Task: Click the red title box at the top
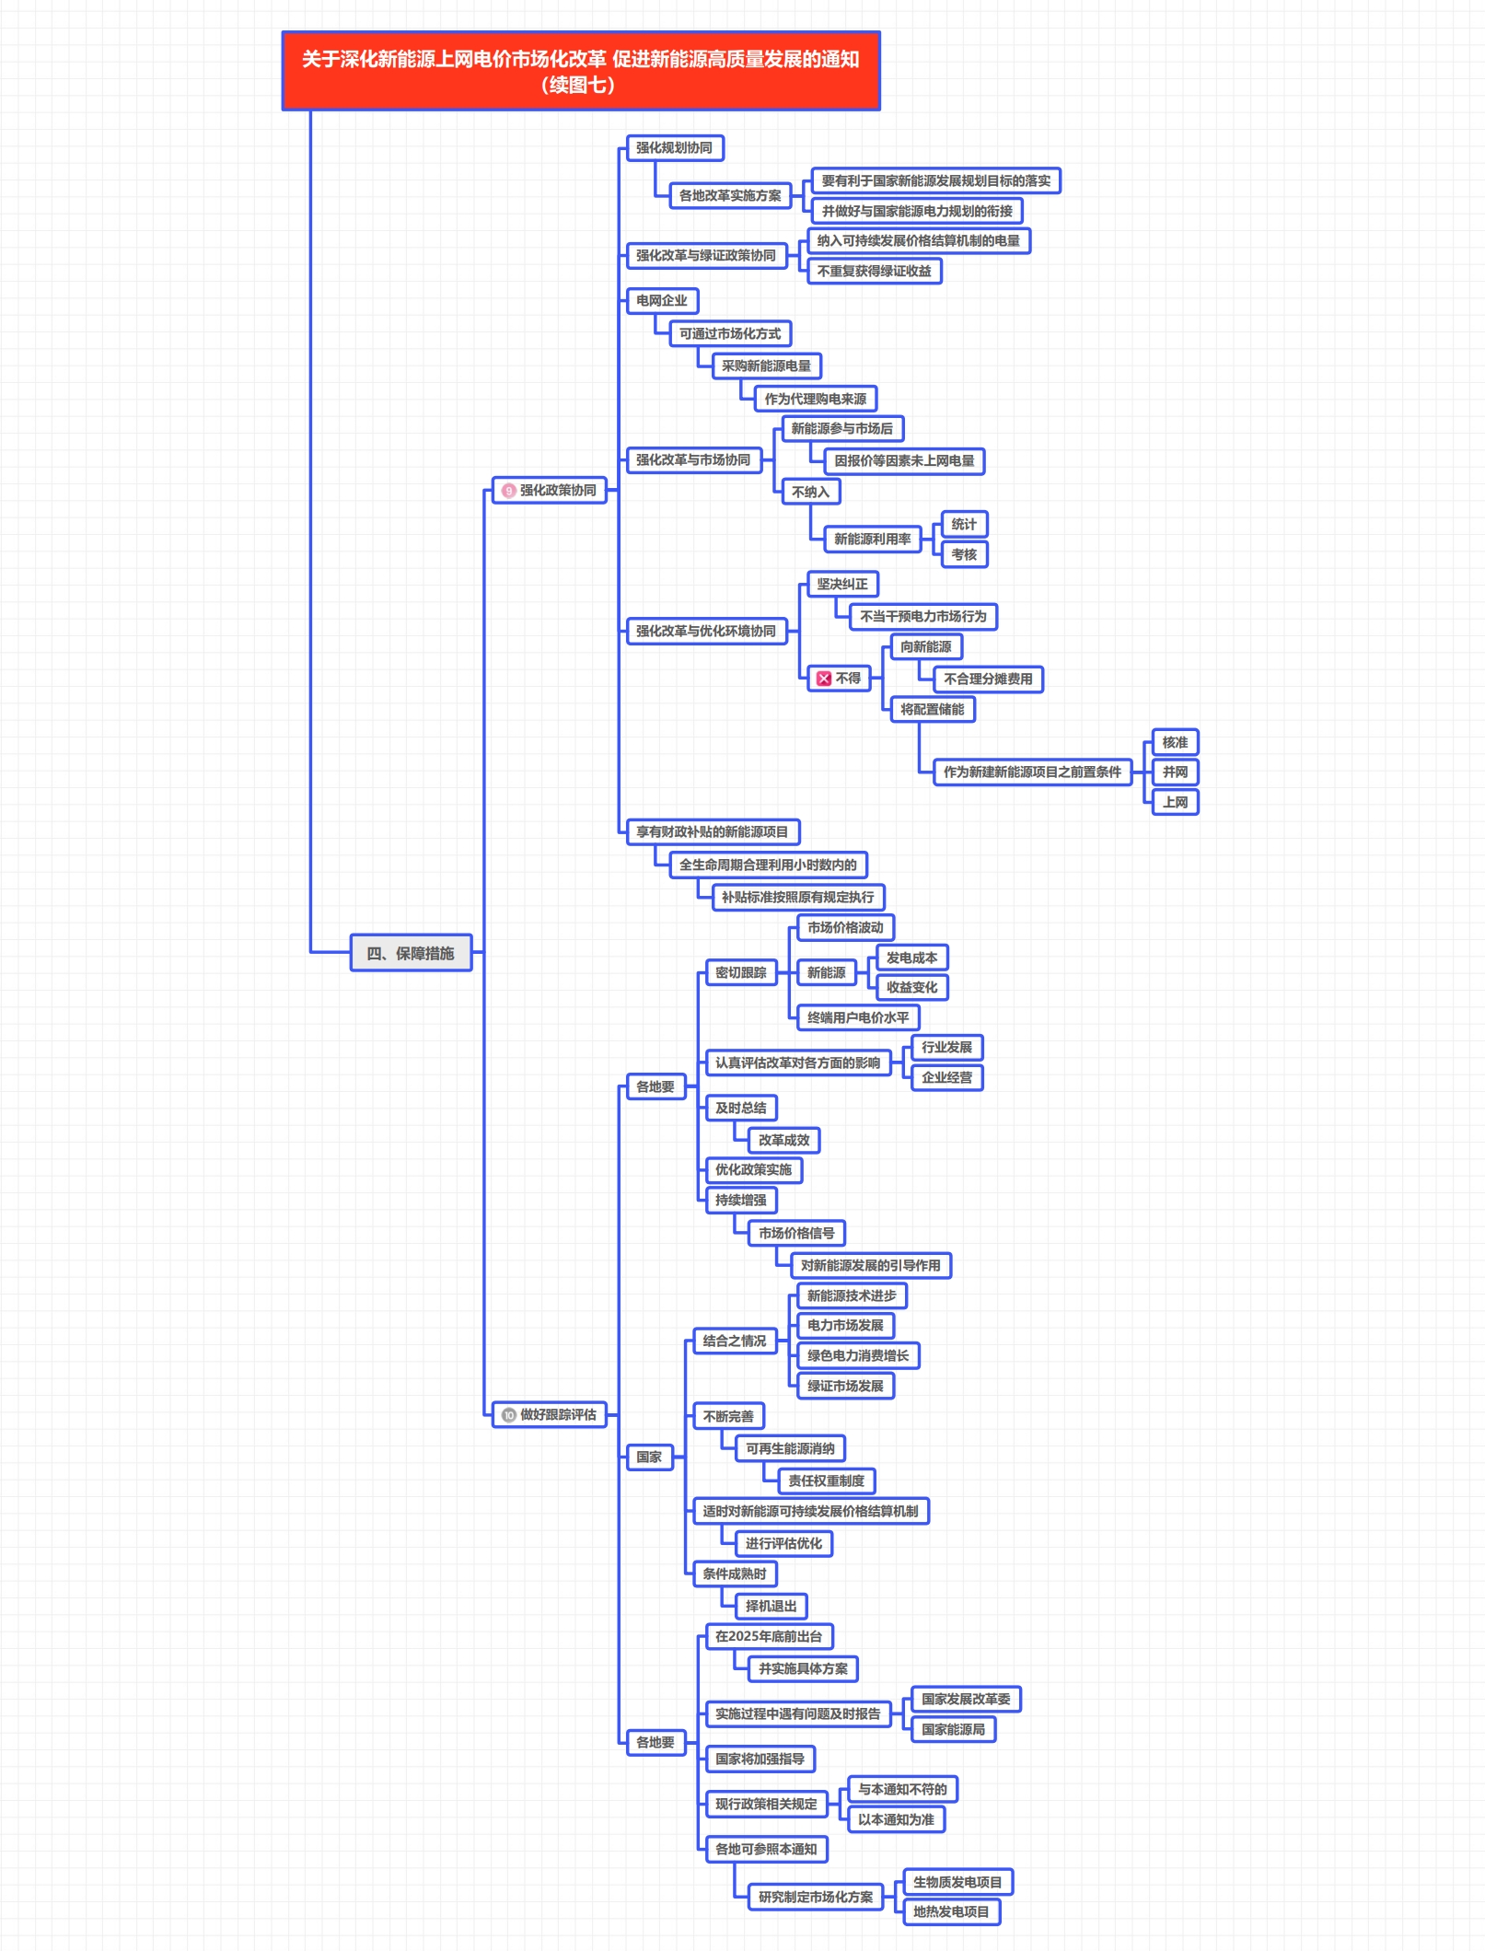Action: pyautogui.click(x=581, y=71)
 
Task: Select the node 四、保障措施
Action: pyautogui.click(x=411, y=953)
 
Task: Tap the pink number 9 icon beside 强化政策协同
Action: pyautogui.click(x=509, y=491)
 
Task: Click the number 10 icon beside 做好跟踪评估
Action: pyautogui.click(x=509, y=1414)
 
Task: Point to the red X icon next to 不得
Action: pyautogui.click(x=824, y=679)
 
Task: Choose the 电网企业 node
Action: pyautogui.click(x=662, y=300)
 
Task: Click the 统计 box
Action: pyautogui.click(x=964, y=524)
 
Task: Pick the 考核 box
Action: pyautogui.click(x=964, y=554)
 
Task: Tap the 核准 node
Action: pyautogui.click(x=1175, y=742)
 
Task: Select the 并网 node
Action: pyautogui.click(x=1175, y=772)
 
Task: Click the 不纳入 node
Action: pyautogui.click(x=810, y=492)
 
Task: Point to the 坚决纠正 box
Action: pyautogui.click(x=842, y=584)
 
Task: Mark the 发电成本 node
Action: pyautogui.click(x=911, y=958)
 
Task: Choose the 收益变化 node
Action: pyautogui.click(x=911, y=987)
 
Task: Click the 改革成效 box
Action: pyautogui.click(x=783, y=1140)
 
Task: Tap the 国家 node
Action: pyautogui.click(x=649, y=1457)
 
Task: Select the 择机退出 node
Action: pyautogui.click(x=772, y=1606)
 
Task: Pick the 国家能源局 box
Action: pyautogui.click(x=953, y=1729)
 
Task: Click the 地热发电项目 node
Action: pyautogui.click(x=951, y=1911)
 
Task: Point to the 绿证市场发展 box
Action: pyautogui.click(x=845, y=1386)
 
